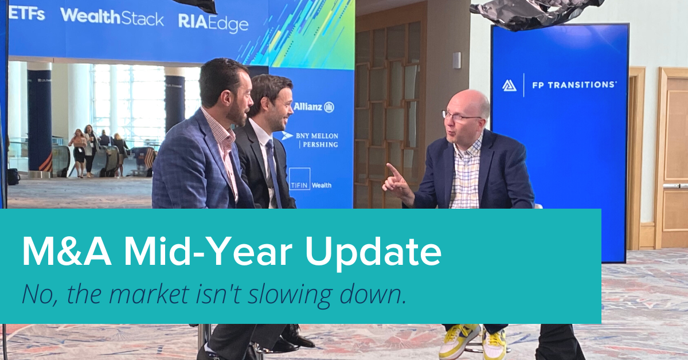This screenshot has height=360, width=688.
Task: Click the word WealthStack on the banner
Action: click(x=112, y=17)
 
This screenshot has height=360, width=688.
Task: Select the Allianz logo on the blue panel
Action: click(x=314, y=107)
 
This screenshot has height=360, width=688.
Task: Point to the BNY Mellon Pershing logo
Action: click(x=310, y=140)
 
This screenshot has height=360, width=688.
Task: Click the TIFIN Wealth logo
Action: click(x=310, y=179)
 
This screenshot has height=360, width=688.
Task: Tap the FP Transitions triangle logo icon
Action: click(x=509, y=85)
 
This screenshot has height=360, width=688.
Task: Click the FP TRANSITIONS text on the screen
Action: click(x=574, y=85)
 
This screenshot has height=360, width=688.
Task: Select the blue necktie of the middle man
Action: click(x=273, y=172)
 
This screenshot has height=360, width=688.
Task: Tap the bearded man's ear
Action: click(x=226, y=99)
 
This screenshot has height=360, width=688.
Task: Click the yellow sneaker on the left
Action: click(x=459, y=342)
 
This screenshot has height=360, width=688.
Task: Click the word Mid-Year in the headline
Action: click(x=208, y=252)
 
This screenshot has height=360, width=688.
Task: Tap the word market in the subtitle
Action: click(x=149, y=295)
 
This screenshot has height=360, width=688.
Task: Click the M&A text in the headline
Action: click(x=67, y=252)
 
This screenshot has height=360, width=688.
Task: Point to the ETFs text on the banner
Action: click(x=26, y=14)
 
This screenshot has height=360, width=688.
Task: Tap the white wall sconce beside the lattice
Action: click(x=457, y=60)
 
